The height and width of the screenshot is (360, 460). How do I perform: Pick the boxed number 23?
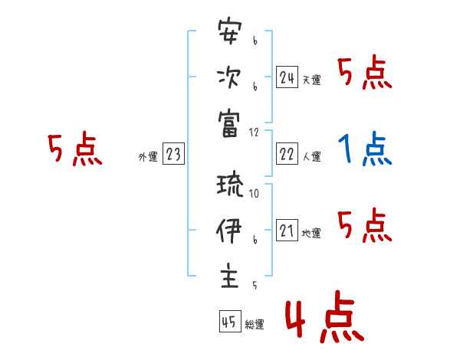pyautogui.click(x=173, y=154)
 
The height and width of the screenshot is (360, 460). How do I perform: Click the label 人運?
pyautogui.click(x=311, y=157)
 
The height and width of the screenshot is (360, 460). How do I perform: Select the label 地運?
pyautogui.click(x=311, y=234)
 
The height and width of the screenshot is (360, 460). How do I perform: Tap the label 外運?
pyautogui.click(x=148, y=157)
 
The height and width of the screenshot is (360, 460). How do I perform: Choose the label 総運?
pyautogui.click(x=254, y=324)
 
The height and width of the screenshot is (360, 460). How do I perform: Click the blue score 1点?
pyautogui.click(x=365, y=149)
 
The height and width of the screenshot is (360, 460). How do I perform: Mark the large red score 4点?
pyautogui.click(x=323, y=320)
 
